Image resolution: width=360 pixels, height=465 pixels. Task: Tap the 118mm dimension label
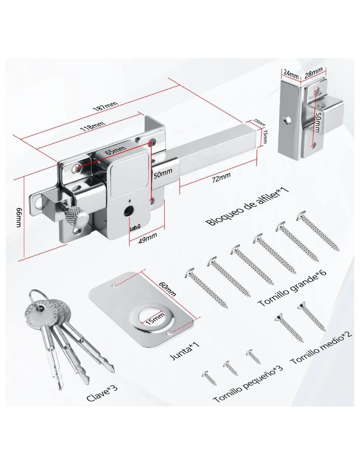pos(92,126)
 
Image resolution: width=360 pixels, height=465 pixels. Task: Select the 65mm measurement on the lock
pos(116,150)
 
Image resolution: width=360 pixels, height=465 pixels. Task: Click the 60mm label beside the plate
pos(168,288)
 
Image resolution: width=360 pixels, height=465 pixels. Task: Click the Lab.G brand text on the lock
pos(135,228)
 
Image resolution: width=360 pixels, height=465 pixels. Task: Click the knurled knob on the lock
pos(77,218)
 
